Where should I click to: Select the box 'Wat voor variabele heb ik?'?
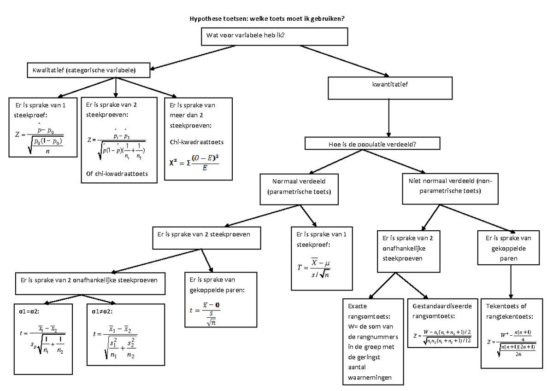[x=274, y=35]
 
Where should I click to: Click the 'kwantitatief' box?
[x=390, y=86]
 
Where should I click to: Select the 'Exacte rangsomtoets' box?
[x=373, y=341]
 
